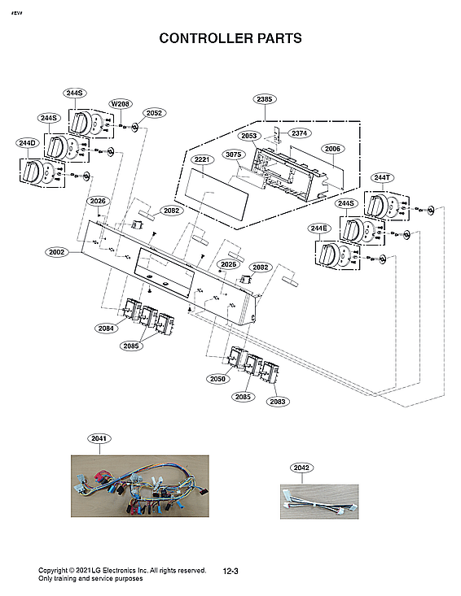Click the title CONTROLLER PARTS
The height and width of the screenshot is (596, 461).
coord(230,38)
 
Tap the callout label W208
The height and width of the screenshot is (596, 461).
coord(120,104)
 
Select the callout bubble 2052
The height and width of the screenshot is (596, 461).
coord(153,113)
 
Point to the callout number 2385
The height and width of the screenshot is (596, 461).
coord(264,99)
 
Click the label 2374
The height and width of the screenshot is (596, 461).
coord(300,133)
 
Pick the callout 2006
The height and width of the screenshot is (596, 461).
coord(332,149)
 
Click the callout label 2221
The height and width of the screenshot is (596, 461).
coord(202,159)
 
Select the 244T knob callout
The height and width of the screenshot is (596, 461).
coord(382,177)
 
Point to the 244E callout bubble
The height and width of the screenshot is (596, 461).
coord(318,228)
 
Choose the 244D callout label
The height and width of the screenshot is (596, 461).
coord(27,143)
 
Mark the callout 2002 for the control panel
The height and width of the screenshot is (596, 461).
coord(56,252)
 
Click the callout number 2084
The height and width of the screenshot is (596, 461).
coord(104,328)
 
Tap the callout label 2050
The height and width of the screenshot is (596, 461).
coord(216,379)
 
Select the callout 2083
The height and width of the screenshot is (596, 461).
coord(277,401)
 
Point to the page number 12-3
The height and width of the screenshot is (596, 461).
coord(230,572)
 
